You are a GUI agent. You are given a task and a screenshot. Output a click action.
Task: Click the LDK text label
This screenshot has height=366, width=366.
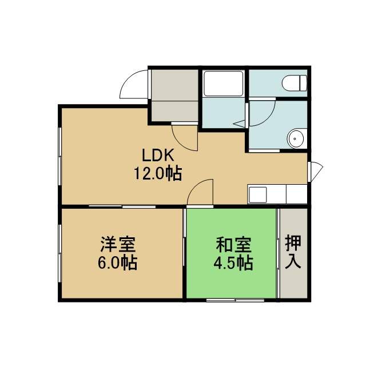[158, 156]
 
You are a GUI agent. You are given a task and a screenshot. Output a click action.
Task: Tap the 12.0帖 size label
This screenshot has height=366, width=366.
[158, 173]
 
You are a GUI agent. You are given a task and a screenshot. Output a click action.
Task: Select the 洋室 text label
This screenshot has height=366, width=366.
[118, 244]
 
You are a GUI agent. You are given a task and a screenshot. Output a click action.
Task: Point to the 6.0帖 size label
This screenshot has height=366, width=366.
[117, 262]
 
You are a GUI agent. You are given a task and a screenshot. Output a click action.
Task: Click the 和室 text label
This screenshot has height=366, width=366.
[233, 245]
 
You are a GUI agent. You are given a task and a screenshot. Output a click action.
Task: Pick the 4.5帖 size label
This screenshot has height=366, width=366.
[233, 263]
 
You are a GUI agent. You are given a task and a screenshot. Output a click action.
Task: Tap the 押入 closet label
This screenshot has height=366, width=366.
[293, 252]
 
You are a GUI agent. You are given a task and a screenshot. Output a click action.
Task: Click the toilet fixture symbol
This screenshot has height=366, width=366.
[295, 83]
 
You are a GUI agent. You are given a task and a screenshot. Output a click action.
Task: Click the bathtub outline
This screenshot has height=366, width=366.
[224, 83]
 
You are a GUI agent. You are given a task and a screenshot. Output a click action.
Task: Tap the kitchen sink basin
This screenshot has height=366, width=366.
[258, 194]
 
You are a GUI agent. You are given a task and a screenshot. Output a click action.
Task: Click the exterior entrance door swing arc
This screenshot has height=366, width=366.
[131, 81]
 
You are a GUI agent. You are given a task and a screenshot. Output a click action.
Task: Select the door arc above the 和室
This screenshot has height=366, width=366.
[197, 187]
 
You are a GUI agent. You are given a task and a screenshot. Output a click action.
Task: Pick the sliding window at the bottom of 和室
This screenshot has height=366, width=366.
[235, 300]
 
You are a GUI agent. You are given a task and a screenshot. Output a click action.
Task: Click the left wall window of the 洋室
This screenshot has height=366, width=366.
[60, 253]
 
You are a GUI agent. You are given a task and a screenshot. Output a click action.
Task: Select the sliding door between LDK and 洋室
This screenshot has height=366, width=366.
[122, 206]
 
